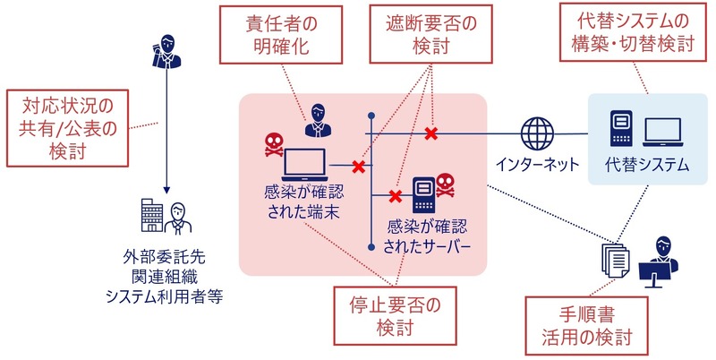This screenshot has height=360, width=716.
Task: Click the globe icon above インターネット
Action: pyautogui.click(x=538, y=134)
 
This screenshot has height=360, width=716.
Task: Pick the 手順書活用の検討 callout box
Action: pyautogui.click(x=585, y=325)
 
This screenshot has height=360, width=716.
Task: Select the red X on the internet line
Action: pyautogui.click(x=430, y=134)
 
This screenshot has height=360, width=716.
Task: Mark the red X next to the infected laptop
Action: pyautogui.click(x=358, y=166)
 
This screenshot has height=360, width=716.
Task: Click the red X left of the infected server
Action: pyautogui.click(x=394, y=195)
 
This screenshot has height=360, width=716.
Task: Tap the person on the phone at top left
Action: pyautogui.click(x=165, y=54)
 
